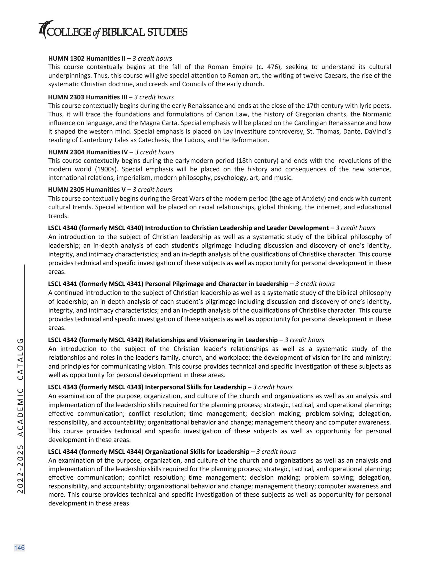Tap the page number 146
tap(19, 548)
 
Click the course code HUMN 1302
tap(66, 58)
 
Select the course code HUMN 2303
tap(66, 97)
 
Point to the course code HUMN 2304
tap(66, 152)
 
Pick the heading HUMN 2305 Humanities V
tap(87, 190)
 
